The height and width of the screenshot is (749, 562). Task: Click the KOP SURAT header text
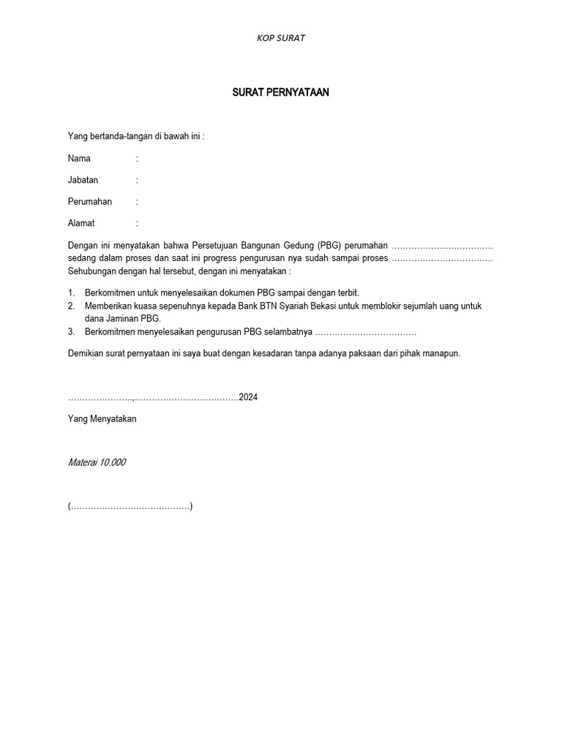pos(281,38)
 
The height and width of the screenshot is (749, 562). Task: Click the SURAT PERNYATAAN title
pos(281,93)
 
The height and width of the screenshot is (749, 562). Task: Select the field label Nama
pos(79,158)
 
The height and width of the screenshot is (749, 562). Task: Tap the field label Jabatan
pos(83,180)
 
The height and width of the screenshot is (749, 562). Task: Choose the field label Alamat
pos(81,223)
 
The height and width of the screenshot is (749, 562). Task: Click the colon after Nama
pos(137,158)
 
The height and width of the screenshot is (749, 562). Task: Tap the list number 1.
pos(71,293)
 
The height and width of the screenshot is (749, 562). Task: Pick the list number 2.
pos(71,306)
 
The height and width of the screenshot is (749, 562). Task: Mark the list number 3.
pos(71,332)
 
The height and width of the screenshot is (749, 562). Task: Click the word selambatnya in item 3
pos(288,332)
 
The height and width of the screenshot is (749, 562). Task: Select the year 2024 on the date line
pos(249,397)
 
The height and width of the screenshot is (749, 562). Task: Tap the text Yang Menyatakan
pos(102,419)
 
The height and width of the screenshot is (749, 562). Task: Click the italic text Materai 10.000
pos(97,462)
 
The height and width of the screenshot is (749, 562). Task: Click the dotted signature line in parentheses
pos(130,506)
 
